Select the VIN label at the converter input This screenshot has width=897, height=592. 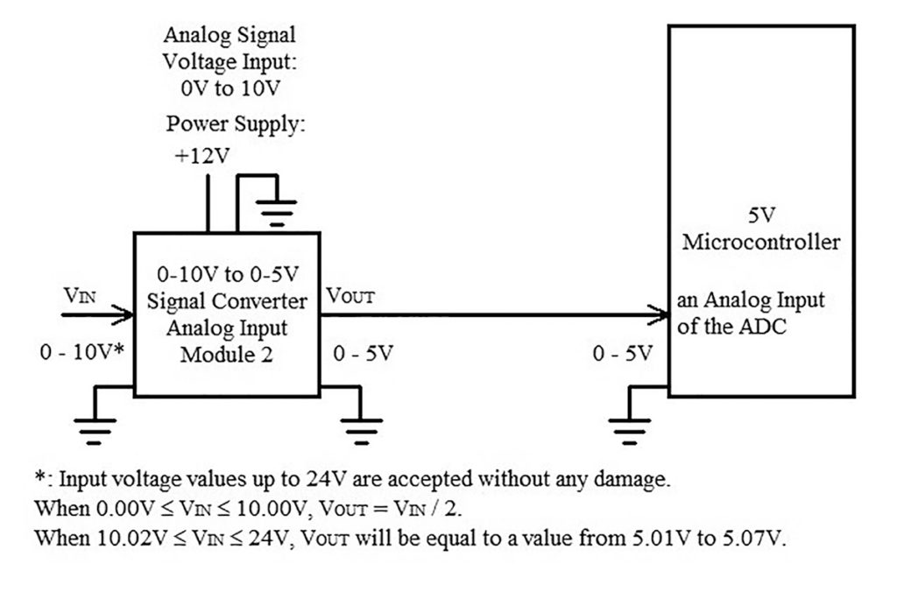click(81, 294)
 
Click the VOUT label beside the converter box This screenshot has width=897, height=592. click(350, 295)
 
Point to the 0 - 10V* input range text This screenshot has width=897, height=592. click(81, 353)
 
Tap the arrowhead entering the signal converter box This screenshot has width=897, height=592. click(124, 314)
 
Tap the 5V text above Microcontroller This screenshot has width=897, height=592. click(759, 215)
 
